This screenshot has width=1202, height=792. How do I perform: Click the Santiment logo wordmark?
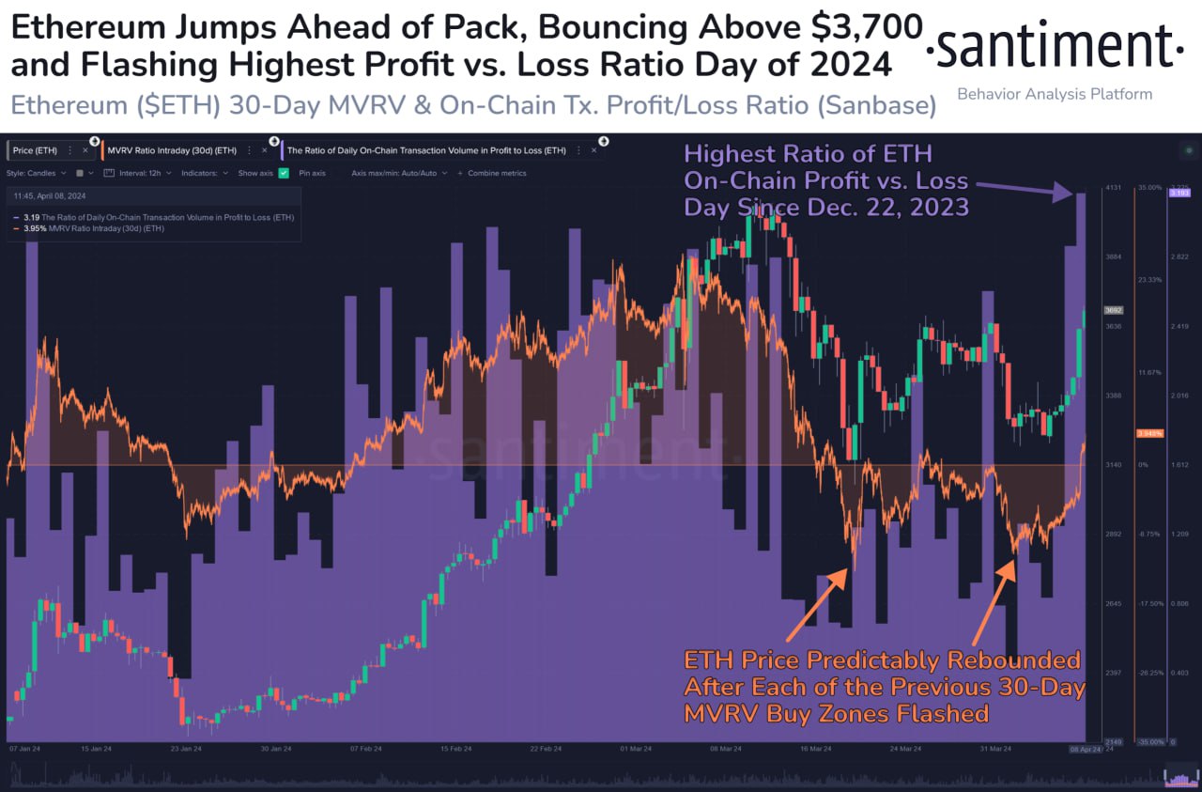1055,46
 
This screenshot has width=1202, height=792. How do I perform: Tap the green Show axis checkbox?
284,173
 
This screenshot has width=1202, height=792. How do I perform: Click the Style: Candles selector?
37,173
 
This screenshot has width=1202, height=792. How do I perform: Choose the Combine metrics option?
496,173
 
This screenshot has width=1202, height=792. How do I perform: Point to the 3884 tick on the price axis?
1113,256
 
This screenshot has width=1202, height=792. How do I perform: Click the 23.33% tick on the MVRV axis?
1149,280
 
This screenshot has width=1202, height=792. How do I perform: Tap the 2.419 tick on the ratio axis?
1179,326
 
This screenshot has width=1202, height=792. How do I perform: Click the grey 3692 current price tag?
1114,310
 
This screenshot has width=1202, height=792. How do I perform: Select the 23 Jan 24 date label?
186,749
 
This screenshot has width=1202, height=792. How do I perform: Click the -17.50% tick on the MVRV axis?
1149,603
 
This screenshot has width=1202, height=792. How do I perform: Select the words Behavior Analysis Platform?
1054,94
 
